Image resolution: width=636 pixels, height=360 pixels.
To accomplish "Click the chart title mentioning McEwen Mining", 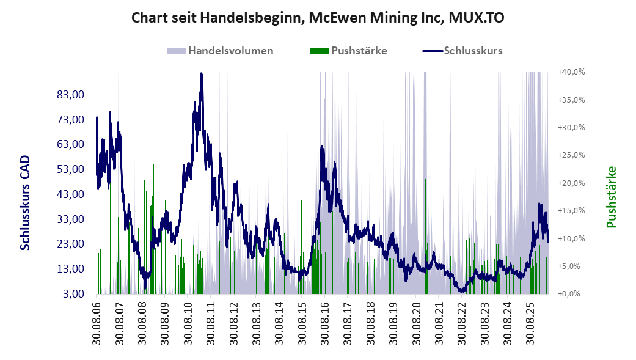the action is (318, 18).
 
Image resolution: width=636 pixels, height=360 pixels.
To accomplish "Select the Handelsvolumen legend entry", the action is (220, 51).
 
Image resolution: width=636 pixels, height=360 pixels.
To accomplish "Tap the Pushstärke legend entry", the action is (348, 51).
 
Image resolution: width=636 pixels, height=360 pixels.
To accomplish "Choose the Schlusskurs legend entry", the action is (463, 51).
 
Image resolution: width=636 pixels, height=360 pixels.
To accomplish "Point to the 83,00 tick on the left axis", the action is (71, 95).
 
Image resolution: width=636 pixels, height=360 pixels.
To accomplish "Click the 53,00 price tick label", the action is (71, 169).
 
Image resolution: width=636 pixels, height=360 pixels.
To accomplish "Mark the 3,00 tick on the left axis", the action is (74, 293).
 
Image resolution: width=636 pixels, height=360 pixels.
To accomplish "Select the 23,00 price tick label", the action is (71, 244).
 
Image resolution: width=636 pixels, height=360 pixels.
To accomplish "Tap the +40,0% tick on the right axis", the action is (571, 72).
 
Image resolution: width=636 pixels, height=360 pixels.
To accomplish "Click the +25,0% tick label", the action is (571, 155).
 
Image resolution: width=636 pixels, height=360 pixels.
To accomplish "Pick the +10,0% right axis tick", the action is (571, 238).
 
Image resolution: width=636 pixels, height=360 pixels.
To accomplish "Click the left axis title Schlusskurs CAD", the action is (25, 202).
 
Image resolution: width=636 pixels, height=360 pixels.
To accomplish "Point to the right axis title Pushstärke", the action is (612, 197).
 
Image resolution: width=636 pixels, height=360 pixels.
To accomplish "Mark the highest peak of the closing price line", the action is (202, 73).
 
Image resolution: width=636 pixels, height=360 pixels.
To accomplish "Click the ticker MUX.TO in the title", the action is (477, 18).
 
